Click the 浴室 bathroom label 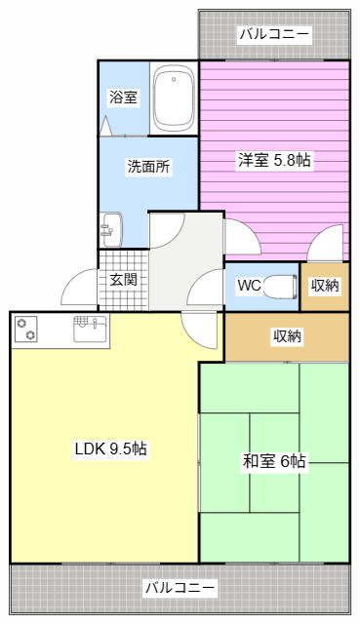(123, 97)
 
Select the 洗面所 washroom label (148, 166)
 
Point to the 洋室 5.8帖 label (274, 161)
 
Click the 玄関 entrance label (123, 280)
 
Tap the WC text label (249, 287)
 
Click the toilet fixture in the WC (280, 287)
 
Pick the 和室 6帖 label (274, 461)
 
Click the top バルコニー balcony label (274, 35)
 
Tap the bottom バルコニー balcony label (180, 588)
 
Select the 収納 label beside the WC (325, 287)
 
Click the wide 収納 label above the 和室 (287, 336)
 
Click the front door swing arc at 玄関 (78, 288)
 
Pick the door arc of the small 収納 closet (327, 244)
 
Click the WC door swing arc (208, 288)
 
